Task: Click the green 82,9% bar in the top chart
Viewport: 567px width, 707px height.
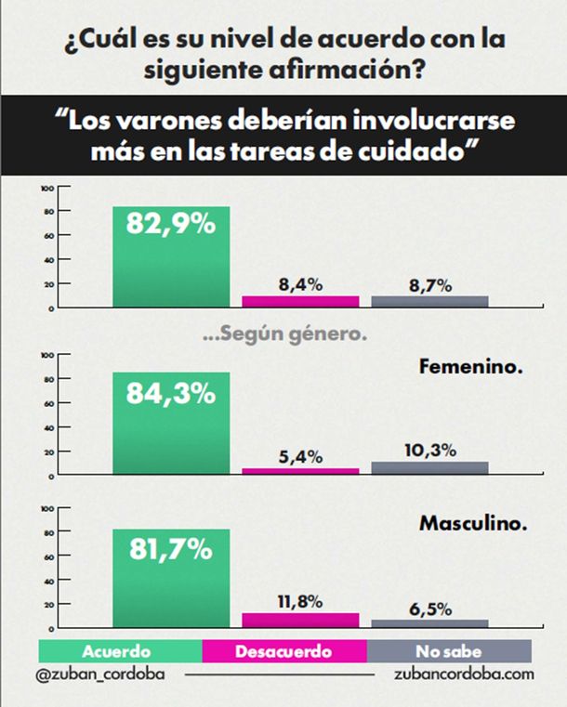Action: [x=170, y=256]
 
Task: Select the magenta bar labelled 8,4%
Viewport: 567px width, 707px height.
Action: [x=300, y=301]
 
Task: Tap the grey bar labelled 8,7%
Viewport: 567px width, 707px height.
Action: [x=429, y=301]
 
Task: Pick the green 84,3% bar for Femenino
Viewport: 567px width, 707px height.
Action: [x=170, y=424]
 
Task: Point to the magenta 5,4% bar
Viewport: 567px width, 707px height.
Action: [x=300, y=471]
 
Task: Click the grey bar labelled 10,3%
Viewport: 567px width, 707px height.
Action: [x=429, y=468]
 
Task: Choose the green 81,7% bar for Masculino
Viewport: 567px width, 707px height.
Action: [x=170, y=578]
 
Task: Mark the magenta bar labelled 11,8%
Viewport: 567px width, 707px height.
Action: [x=300, y=620]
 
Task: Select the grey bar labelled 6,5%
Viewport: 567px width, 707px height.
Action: [x=429, y=623]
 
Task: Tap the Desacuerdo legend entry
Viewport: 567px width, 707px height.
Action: [x=283, y=650]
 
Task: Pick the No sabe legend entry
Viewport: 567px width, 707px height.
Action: [x=449, y=650]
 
